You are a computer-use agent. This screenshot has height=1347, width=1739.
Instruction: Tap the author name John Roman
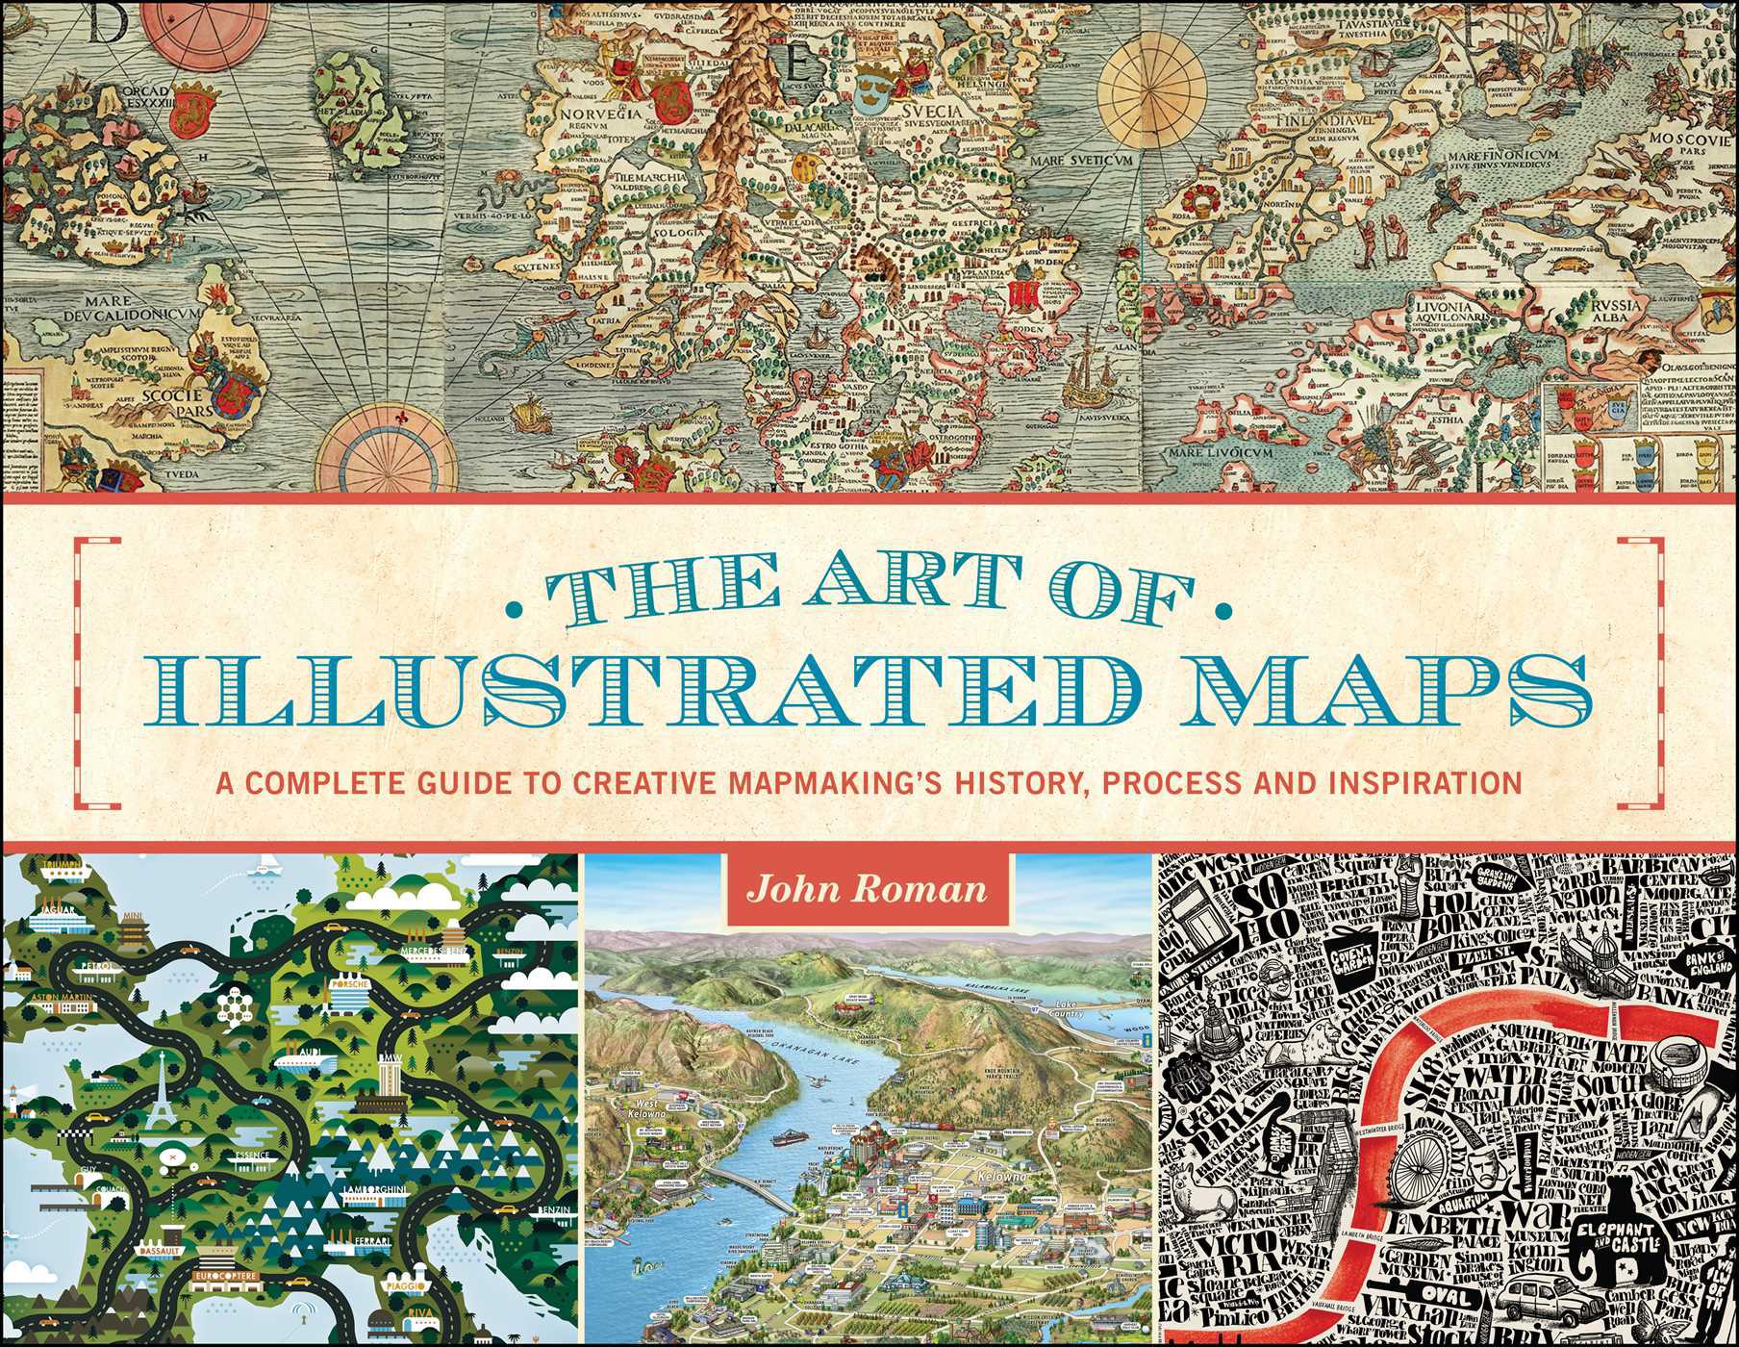tap(869, 889)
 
